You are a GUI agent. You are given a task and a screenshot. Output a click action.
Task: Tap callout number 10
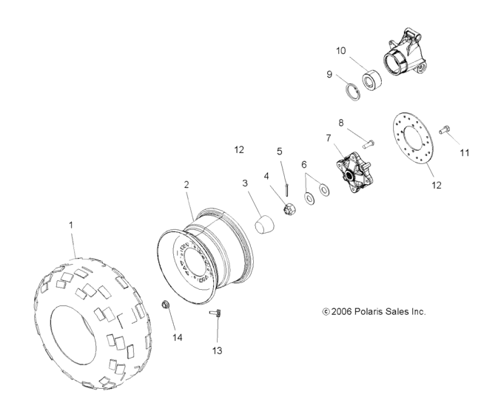tap(341, 51)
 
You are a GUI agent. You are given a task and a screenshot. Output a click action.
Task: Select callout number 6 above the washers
tap(304, 165)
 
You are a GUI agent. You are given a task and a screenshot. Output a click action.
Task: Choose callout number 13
tap(217, 350)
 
